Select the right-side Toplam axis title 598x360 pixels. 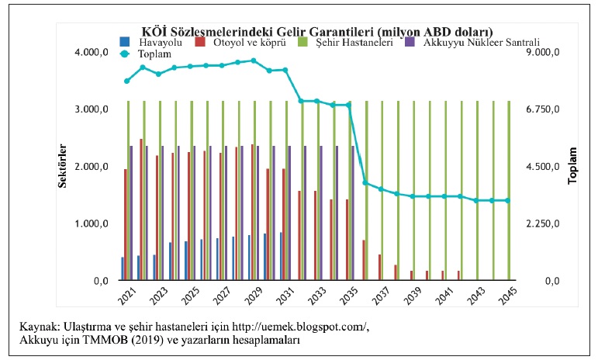pos(572,166)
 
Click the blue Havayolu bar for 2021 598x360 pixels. pos(123,268)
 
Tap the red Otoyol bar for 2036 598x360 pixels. pos(364,260)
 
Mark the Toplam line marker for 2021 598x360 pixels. pos(126,81)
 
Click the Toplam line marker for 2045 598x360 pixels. pos(508,200)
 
